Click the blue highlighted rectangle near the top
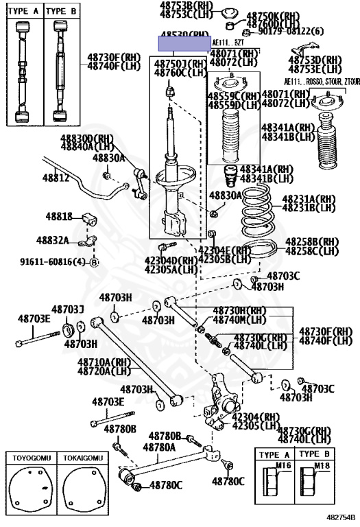pyautogui.click(x=184, y=45)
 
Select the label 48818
pyautogui.click(x=59, y=217)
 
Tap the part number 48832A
pyautogui.click(x=53, y=240)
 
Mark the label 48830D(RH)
pyautogui.click(x=86, y=138)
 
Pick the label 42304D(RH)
pyautogui.click(x=171, y=261)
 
